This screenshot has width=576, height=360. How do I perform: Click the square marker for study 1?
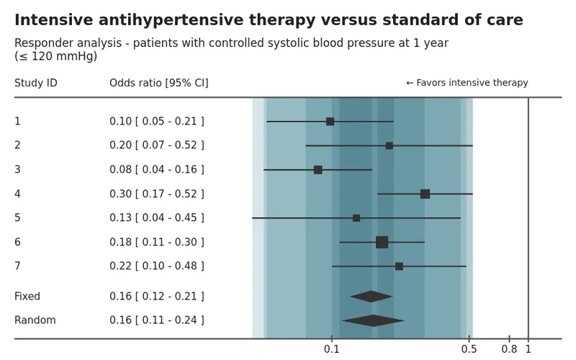(330, 122)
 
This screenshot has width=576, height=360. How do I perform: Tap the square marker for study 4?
(425, 194)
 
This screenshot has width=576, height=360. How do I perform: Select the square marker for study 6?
(382, 242)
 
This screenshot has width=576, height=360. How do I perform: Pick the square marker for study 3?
(318, 170)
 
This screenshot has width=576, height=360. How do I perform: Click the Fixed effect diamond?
(372, 297)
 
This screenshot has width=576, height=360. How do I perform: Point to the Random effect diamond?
(373, 320)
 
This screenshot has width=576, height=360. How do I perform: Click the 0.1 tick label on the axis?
(332, 349)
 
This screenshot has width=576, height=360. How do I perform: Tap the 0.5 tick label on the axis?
(469, 349)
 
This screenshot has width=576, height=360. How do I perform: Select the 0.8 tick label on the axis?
(509, 349)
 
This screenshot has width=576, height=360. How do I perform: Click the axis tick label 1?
(528, 349)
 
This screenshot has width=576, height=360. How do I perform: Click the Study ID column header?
(35, 84)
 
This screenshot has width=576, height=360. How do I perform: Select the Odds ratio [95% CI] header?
(159, 84)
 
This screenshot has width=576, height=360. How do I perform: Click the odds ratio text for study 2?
(157, 145)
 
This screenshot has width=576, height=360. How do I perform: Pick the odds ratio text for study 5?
(157, 218)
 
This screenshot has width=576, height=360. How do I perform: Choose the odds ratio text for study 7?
(157, 266)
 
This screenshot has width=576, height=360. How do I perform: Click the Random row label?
(35, 320)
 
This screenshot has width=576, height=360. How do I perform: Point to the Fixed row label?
(27, 297)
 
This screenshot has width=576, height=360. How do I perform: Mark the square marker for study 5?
(356, 218)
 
